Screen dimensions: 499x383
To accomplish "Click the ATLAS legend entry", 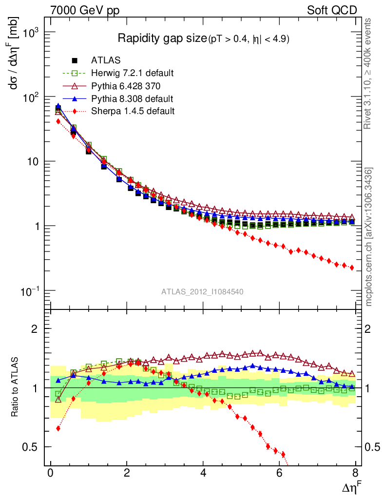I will pyautogui.click(x=106, y=60).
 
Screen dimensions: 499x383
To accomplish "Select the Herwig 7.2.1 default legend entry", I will pyautogui.click(x=132, y=73).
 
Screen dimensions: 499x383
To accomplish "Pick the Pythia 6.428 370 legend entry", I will pyautogui.click(x=126, y=86).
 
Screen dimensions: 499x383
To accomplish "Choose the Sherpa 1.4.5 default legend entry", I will pyautogui.click(x=133, y=111).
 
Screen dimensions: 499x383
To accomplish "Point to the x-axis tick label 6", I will pyautogui.click(x=279, y=474).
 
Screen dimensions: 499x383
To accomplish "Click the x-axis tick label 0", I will pyautogui.click(x=50, y=474).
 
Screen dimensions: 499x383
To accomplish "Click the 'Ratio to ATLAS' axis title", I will pyautogui.click(x=15, y=388).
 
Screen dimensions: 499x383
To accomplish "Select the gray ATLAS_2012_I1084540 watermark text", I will pyautogui.click(x=203, y=292).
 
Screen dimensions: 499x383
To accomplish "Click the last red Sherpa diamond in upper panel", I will pyautogui.click(x=352, y=268).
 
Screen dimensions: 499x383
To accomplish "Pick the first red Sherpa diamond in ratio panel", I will pyautogui.click(x=58, y=428).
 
